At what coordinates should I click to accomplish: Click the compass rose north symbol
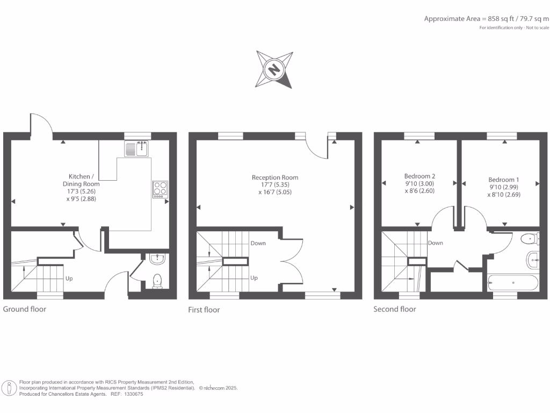point(274,69)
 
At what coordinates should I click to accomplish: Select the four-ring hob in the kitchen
point(160,189)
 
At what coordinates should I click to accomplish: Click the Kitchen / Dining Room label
point(84,180)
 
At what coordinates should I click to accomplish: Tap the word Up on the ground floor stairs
point(69,279)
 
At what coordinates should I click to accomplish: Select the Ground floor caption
point(25,309)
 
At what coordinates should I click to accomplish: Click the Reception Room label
point(275,177)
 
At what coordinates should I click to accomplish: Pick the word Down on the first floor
point(258,243)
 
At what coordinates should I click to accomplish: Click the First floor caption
point(204,310)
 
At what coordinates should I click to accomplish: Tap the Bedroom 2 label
point(419,176)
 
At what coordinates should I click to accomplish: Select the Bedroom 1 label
point(504,180)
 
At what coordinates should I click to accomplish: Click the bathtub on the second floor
point(512,282)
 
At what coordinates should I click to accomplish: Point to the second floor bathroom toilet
point(530,238)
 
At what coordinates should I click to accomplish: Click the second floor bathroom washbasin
point(533,259)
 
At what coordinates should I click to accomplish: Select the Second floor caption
point(395,309)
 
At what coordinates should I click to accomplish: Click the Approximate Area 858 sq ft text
point(487,18)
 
